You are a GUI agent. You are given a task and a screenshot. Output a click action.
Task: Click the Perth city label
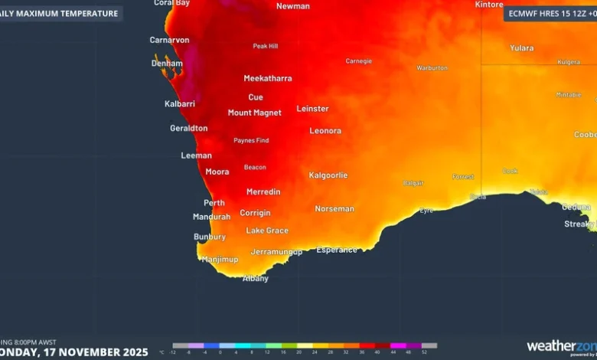point(214,203)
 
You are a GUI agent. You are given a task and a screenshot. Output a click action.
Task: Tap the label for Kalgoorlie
point(328,175)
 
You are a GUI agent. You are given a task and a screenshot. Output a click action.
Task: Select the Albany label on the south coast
point(256,279)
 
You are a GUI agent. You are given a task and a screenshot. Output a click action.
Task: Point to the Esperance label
point(337,250)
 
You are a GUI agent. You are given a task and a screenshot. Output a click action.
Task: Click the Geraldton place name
point(188,129)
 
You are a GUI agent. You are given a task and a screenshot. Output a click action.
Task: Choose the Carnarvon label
point(169,40)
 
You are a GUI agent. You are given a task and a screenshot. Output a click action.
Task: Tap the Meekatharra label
point(267,78)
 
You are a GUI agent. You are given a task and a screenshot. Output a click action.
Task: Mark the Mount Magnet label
point(254,113)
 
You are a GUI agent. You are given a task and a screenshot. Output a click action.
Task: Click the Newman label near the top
point(292,6)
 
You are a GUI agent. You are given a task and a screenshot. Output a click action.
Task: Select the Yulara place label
point(522,48)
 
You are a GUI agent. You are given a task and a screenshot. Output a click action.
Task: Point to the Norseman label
point(334,209)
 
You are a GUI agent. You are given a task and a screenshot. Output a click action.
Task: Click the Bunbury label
point(210,237)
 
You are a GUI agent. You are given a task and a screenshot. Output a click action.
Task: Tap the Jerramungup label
point(276,252)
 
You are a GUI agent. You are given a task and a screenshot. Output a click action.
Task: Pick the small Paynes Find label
point(251,141)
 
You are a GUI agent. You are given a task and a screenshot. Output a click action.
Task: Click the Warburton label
point(432,68)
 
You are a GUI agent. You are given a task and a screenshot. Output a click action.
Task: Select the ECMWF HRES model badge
point(549,13)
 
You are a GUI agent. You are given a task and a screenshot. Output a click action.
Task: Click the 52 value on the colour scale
point(423,352)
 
